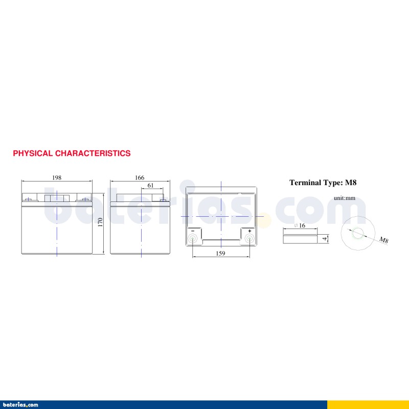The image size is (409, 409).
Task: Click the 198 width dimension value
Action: click(57, 177)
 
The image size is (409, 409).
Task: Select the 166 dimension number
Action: click(140, 177)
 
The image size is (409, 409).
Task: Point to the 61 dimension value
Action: click(150, 185)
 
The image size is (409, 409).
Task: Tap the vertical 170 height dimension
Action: click(100, 222)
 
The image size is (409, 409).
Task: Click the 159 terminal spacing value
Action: click(220, 253)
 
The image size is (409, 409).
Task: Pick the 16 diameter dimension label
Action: click(302, 225)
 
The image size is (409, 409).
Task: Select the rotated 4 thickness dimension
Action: click(325, 238)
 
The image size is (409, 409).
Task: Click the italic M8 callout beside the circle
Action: click(384, 240)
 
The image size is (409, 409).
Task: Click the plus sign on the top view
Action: click(249, 231)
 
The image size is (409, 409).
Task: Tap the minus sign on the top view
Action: click(193, 231)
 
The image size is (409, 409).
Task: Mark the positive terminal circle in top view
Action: click(249, 238)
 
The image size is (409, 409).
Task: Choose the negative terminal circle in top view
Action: click(193, 238)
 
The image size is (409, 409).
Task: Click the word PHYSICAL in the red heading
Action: click(33, 153)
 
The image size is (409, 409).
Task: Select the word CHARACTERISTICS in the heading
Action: click(93, 153)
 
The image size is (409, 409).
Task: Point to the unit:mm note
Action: click(344, 198)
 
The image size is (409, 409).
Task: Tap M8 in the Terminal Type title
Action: click(351, 183)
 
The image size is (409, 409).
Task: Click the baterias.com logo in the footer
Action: click(19, 405)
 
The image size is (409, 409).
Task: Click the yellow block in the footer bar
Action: click(368, 404)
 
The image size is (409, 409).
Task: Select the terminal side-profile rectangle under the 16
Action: click(300, 239)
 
